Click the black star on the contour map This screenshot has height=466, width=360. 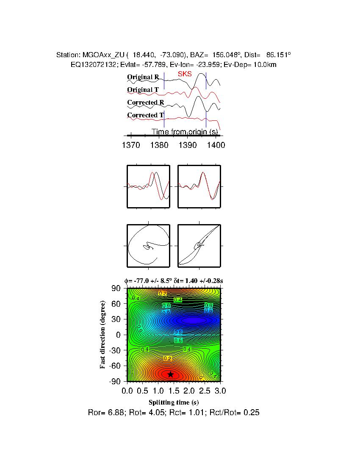click(170, 374)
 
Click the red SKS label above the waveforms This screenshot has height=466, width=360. click(185, 74)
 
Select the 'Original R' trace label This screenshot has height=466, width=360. click(143, 77)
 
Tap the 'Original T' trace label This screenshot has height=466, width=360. click(143, 90)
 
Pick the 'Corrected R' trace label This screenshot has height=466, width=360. click(145, 103)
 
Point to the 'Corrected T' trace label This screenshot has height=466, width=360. click(145, 115)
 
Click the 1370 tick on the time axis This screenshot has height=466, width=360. click(130, 145)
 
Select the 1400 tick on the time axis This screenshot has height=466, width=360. click(216, 145)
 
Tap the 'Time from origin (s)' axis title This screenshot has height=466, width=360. click(185, 132)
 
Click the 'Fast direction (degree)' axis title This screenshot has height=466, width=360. click(103, 335)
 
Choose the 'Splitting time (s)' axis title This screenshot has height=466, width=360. click(174, 402)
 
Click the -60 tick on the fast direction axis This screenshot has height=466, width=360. click(115, 366)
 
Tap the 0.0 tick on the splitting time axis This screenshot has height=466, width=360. click(127, 390)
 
